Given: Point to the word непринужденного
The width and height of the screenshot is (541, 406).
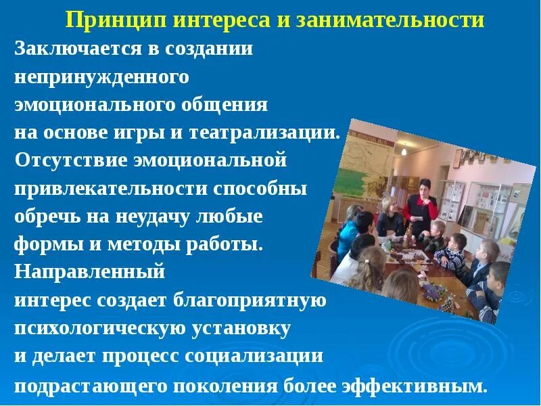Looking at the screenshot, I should click(x=101, y=77).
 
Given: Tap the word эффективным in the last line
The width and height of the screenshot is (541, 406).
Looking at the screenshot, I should click(x=417, y=387).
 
